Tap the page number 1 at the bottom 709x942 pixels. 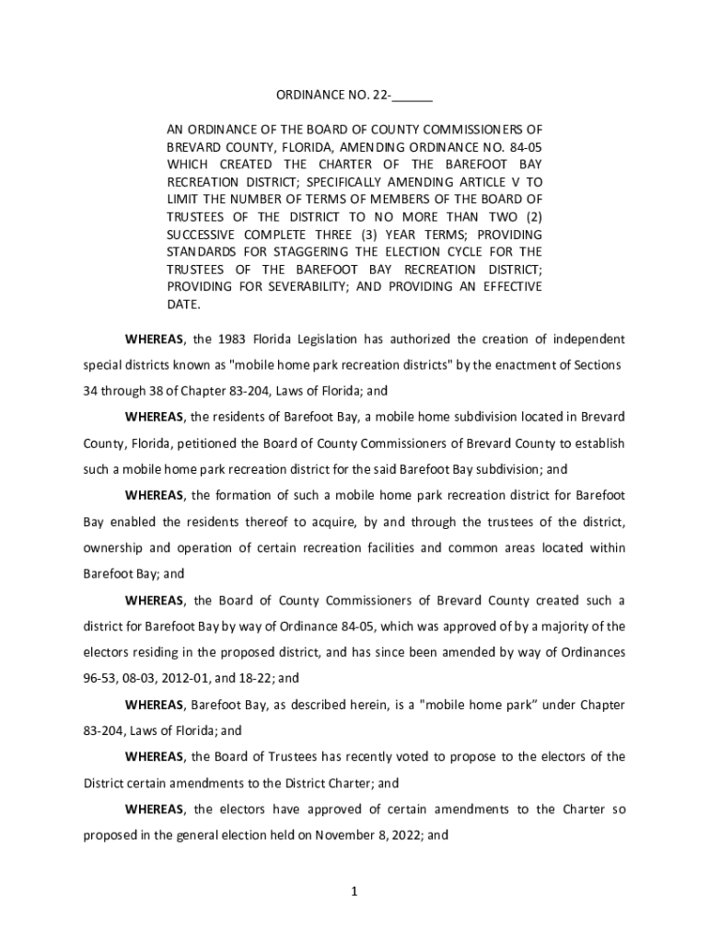[x=354, y=891]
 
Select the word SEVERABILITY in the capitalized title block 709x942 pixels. [x=293, y=287]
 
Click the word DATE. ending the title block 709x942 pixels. [x=182, y=304]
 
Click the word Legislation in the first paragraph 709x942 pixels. [x=326, y=339]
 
